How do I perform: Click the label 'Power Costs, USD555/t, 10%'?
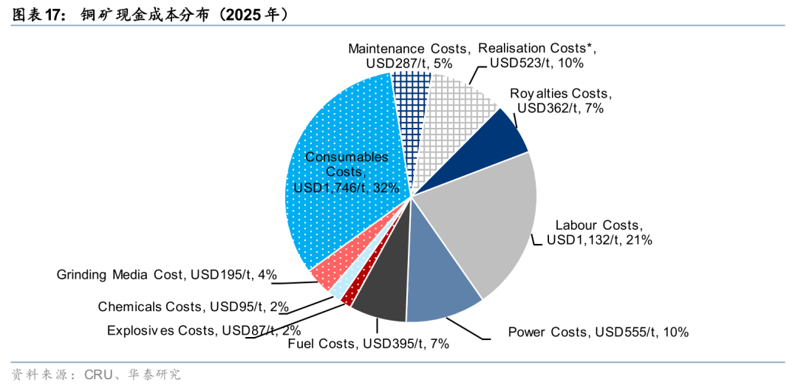click(x=598, y=333)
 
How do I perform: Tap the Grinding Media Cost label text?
click(x=167, y=275)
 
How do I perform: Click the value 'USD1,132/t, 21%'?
click(x=599, y=240)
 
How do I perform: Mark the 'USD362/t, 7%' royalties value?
click(x=562, y=109)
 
